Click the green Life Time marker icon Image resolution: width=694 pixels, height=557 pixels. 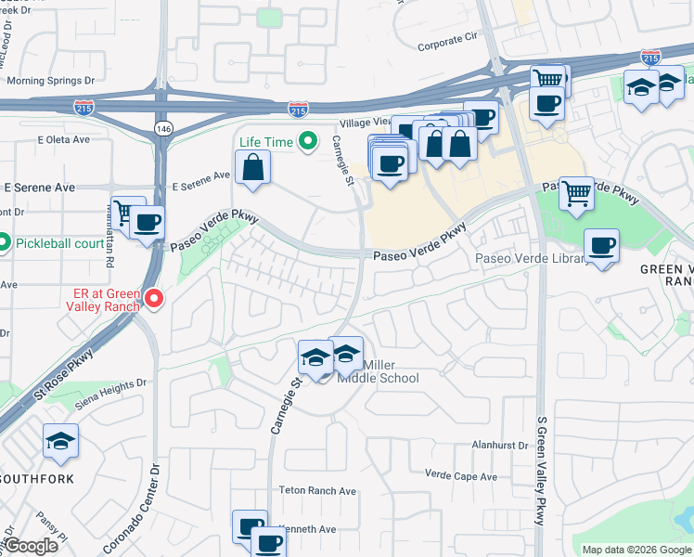pyautogui.click(x=310, y=142)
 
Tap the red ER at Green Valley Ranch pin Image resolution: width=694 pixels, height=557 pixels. pyautogui.click(x=154, y=298)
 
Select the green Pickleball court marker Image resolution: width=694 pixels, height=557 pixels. pyautogui.click(x=3, y=244)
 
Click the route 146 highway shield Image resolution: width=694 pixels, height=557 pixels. pyautogui.click(x=163, y=127)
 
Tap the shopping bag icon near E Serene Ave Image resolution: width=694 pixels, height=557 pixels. pyautogui.click(x=252, y=168)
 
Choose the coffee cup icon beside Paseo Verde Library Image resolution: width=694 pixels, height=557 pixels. pyautogui.click(x=602, y=245)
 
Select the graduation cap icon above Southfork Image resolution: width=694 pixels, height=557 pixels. pyautogui.click(x=60, y=440)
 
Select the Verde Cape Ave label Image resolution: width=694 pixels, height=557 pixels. pyautogui.click(x=461, y=476)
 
